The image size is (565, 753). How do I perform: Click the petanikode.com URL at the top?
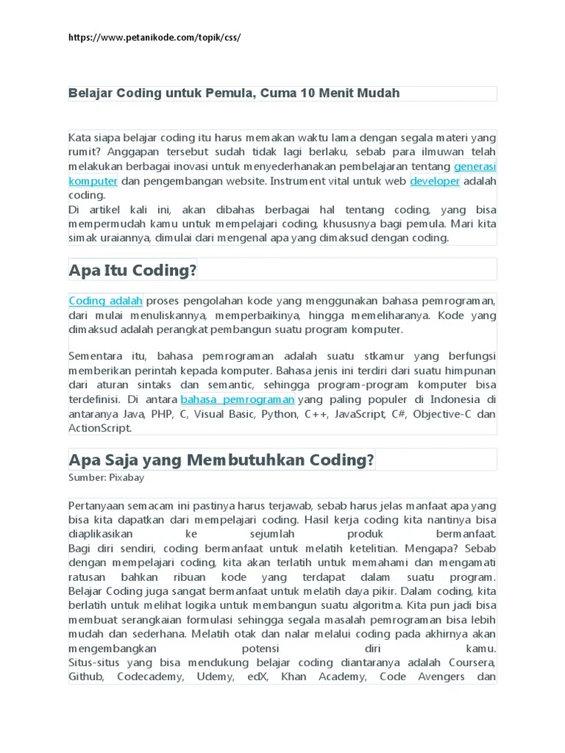tap(154, 37)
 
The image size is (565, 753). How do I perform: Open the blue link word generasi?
tap(475, 166)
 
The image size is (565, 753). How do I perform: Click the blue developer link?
tap(435, 181)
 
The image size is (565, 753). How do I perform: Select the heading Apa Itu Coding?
tap(133, 270)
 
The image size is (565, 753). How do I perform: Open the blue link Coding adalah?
tap(106, 301)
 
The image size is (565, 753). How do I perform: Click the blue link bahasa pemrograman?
tap(238, 399)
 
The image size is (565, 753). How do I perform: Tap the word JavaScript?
tap(360, 414)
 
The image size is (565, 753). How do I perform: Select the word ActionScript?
tap(99, 428)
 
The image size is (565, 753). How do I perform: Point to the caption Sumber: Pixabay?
tap(106, 478)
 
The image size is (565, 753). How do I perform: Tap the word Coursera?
tap(471, 663)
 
